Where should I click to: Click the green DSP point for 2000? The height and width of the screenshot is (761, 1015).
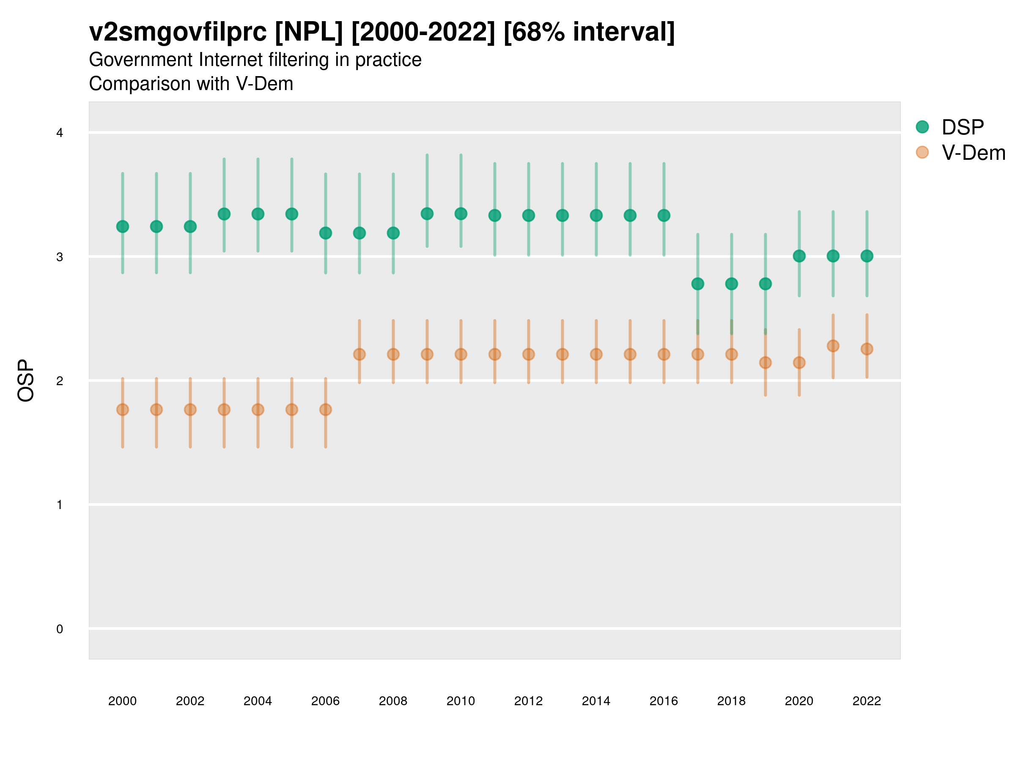coord(123,227)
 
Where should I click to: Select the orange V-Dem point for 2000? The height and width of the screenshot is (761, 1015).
coord(123,410)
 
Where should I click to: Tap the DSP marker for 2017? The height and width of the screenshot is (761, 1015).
coord(697,284)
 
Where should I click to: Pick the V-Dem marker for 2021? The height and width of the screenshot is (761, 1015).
coord(833,346)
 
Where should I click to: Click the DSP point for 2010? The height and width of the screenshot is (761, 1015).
coord(461,214)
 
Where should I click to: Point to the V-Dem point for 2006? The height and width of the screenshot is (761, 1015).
coord(325,410)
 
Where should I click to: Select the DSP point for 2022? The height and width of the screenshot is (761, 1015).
coord(867,256)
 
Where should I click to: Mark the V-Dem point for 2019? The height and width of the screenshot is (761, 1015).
coord(765,363)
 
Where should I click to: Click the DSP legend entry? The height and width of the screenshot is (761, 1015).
coord(962,127)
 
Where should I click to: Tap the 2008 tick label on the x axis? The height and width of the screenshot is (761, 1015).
coord(393,701)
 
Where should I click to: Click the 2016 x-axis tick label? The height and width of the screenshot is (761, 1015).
coord(664,701)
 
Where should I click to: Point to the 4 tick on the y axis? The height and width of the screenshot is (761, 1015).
coord(60,133)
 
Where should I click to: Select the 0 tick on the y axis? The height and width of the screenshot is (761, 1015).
coord(60,629)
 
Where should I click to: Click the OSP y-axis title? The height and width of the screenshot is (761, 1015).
coord(26,381)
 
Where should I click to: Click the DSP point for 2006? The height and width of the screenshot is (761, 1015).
coord(325,233)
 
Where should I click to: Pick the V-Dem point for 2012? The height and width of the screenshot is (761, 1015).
coord(529,354)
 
